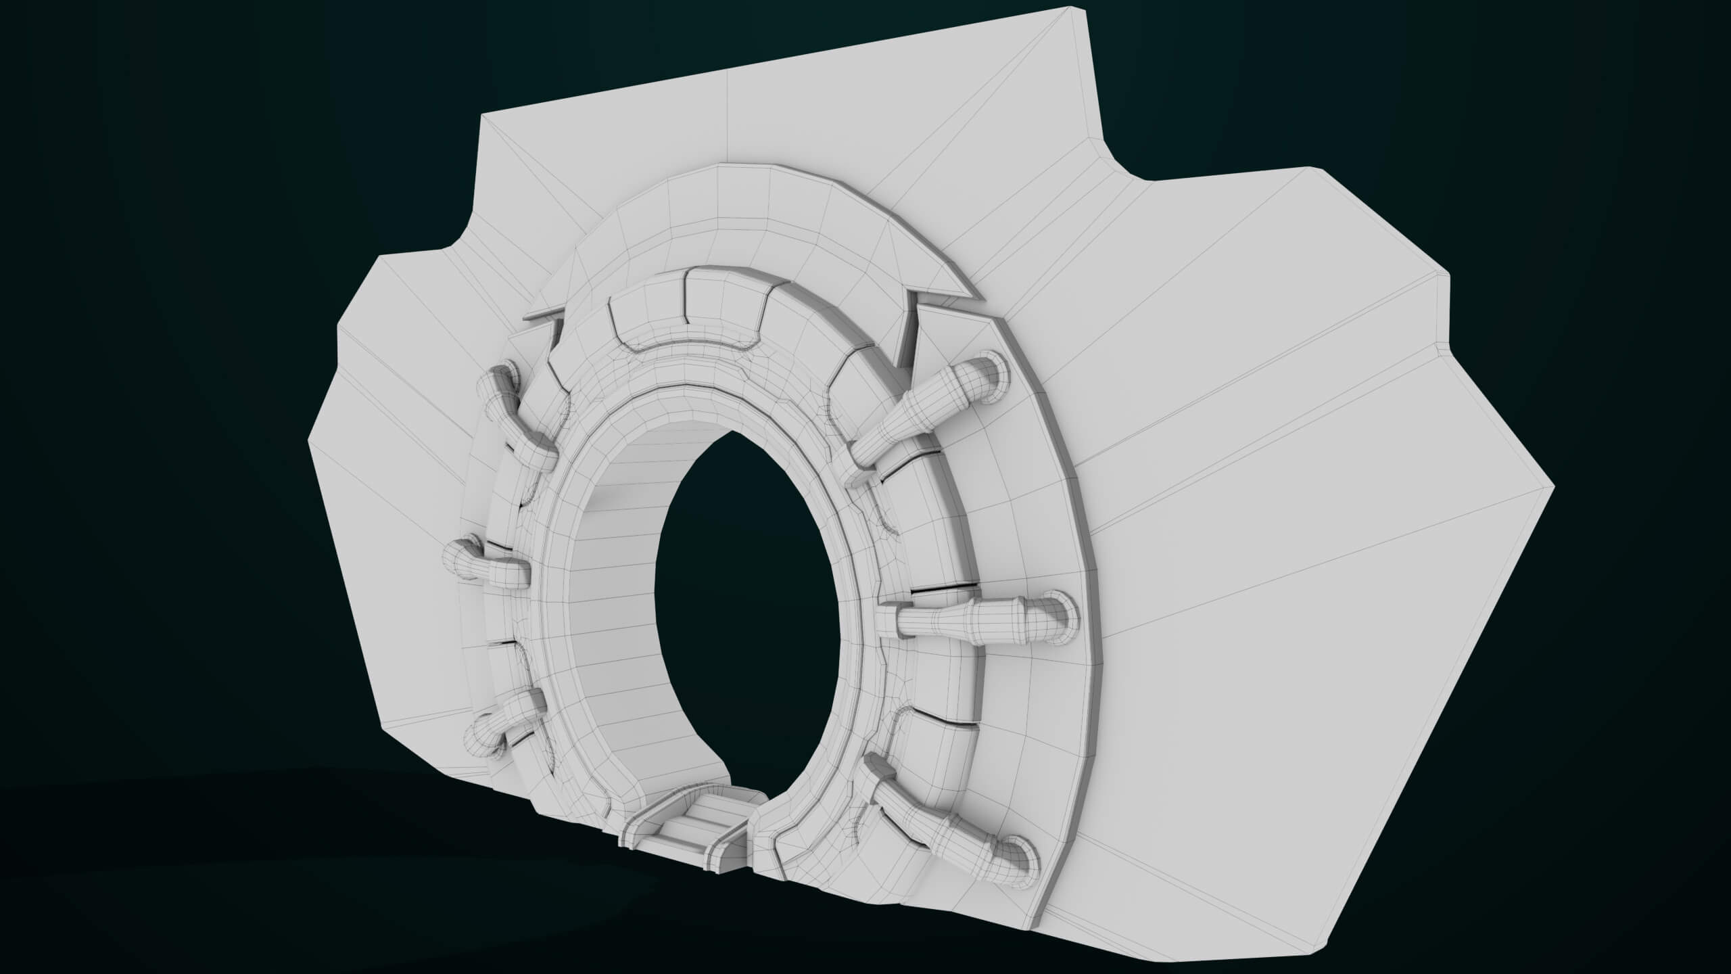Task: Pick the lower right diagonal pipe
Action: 947,832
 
